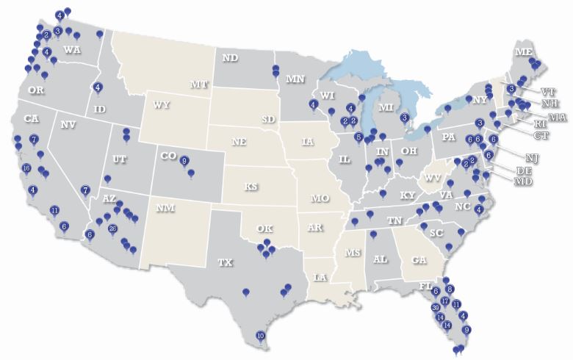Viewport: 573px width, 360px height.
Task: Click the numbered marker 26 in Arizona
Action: pos(112,229)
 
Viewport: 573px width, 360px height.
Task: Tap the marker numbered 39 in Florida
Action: pos(436,307)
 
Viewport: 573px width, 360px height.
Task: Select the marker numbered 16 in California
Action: pos(26,168)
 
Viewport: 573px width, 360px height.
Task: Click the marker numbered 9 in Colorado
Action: pos(184,161)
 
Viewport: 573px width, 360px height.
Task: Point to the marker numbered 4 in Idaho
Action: pos(97,87)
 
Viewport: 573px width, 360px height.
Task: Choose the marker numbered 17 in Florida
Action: pos(445,301)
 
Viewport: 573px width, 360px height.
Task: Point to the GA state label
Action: pos(419,259)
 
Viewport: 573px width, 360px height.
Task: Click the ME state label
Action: pos(523,52)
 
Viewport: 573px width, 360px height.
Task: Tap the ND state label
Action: pos(230,57)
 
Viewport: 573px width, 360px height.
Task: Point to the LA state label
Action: pos(320,277)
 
